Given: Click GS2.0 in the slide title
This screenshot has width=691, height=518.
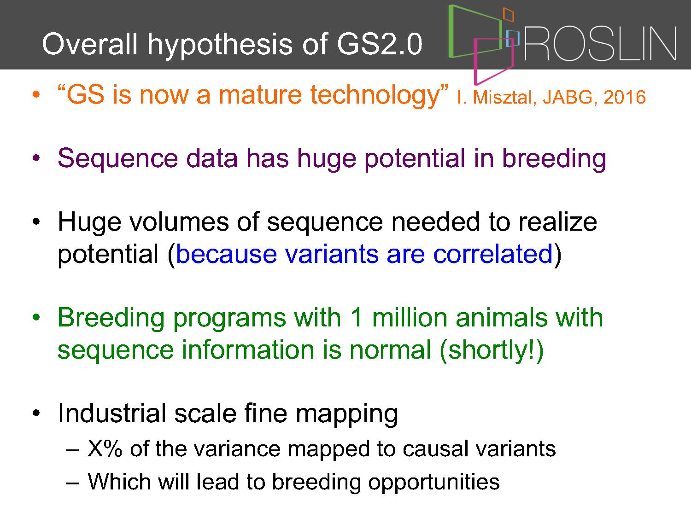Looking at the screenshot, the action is coord(380,44).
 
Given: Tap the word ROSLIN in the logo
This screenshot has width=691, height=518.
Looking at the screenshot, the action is coord(600,44).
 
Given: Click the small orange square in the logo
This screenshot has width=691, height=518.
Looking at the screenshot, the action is coord(509,15).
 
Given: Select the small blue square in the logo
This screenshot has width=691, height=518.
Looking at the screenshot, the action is coord(512,38).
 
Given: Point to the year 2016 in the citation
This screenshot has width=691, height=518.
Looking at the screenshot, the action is coord(625,97).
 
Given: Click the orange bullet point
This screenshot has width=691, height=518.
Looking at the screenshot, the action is coord(36,94).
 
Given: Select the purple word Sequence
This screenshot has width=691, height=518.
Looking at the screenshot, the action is coord(118,159).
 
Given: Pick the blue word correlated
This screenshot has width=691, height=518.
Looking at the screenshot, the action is coord(492,254).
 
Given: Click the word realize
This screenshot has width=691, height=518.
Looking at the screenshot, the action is coord(557,222).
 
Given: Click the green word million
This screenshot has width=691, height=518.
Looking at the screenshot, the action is coord(410,318).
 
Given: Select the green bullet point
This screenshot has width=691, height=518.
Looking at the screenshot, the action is coord(36,317).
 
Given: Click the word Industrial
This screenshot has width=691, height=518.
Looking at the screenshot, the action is coord(112,413).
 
